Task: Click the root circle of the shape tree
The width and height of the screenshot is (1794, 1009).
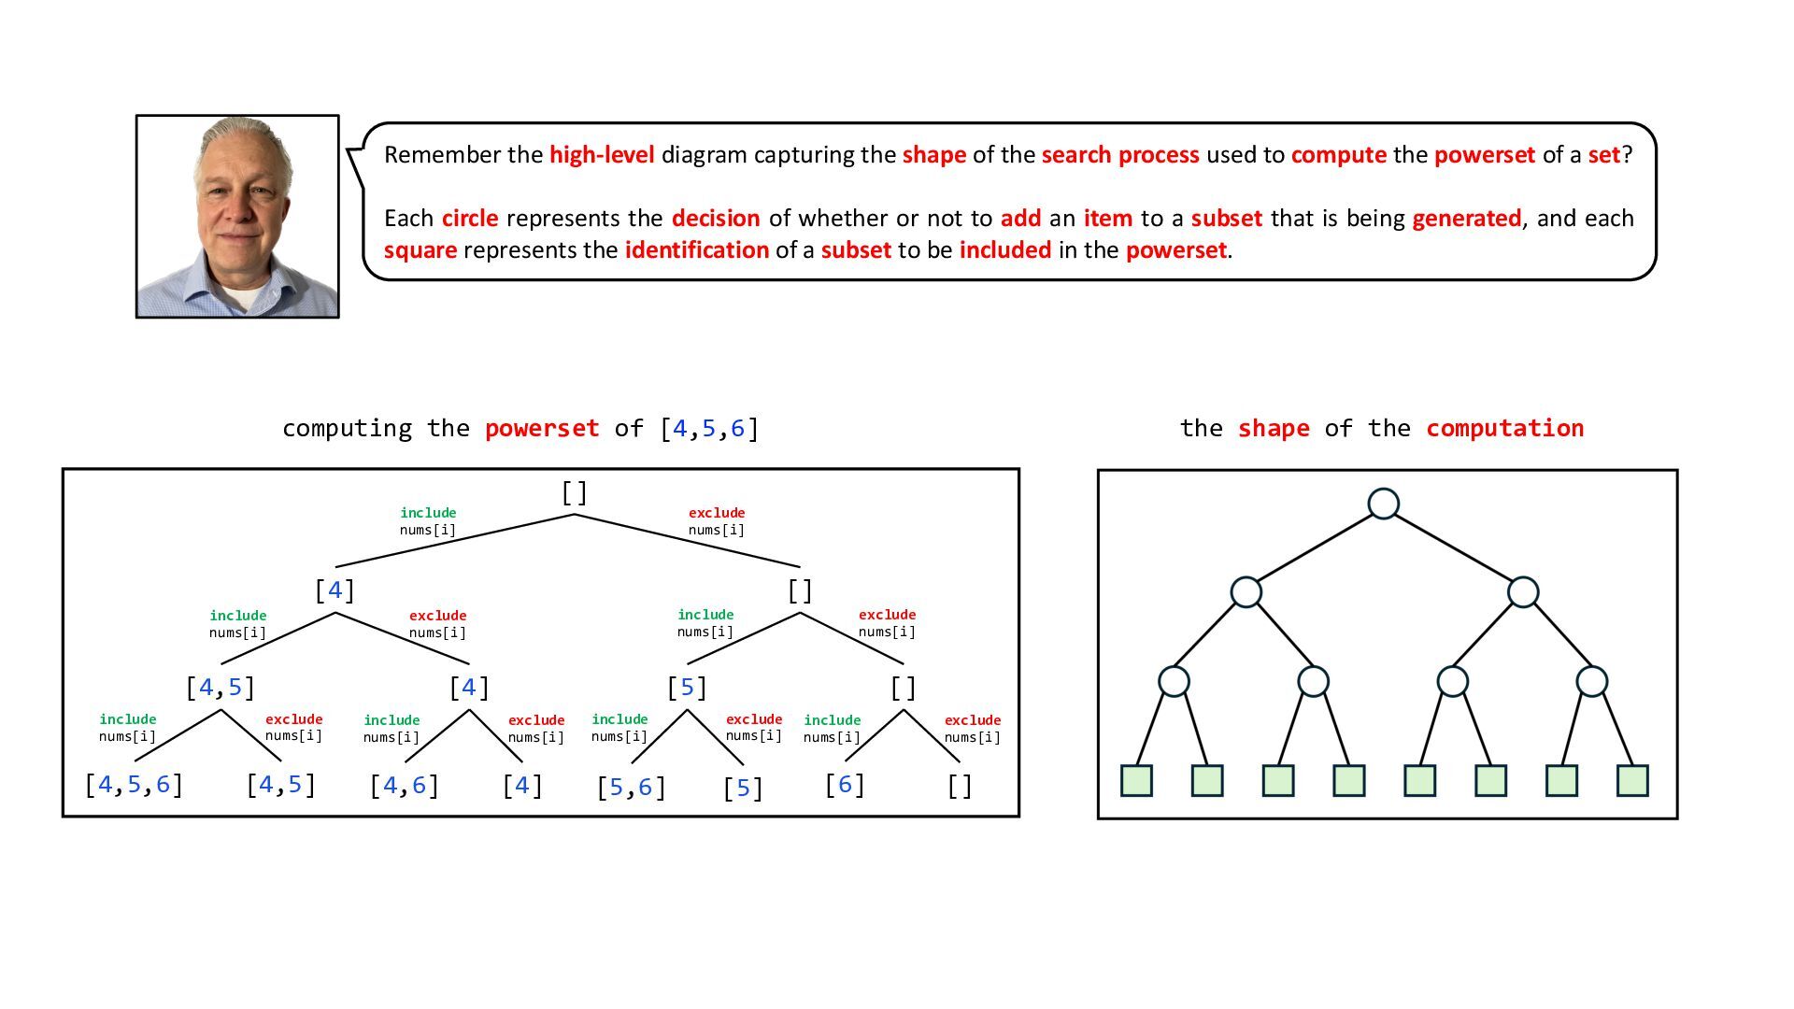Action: click(1383, 504)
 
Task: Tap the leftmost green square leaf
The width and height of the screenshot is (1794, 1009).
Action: click(1136, 780)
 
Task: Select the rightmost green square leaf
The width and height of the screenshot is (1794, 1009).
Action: click(1632, 780)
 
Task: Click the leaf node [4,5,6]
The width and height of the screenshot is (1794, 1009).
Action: click(134, 785)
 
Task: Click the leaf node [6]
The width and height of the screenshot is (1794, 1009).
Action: click(845, 785)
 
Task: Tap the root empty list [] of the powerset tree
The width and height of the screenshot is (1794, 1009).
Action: click(574, 492)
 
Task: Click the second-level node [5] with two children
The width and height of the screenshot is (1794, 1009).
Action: click(687, 688)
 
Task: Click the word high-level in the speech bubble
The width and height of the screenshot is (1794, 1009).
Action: click(602, 155)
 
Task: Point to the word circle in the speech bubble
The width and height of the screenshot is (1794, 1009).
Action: click(469, 219)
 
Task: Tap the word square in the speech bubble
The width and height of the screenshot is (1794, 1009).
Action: click(420, 250)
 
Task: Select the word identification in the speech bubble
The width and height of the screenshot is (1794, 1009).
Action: click(696, 250)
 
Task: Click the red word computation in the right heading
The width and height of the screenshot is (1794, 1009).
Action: click(1504, 429)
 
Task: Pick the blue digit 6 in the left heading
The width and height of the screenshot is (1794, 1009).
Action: click(737, 429)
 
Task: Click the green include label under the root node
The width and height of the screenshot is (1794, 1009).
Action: click(428, 513)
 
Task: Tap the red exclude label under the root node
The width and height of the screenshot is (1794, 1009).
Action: click(717, 513)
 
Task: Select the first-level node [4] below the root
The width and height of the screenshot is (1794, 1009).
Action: click(335, 590)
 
